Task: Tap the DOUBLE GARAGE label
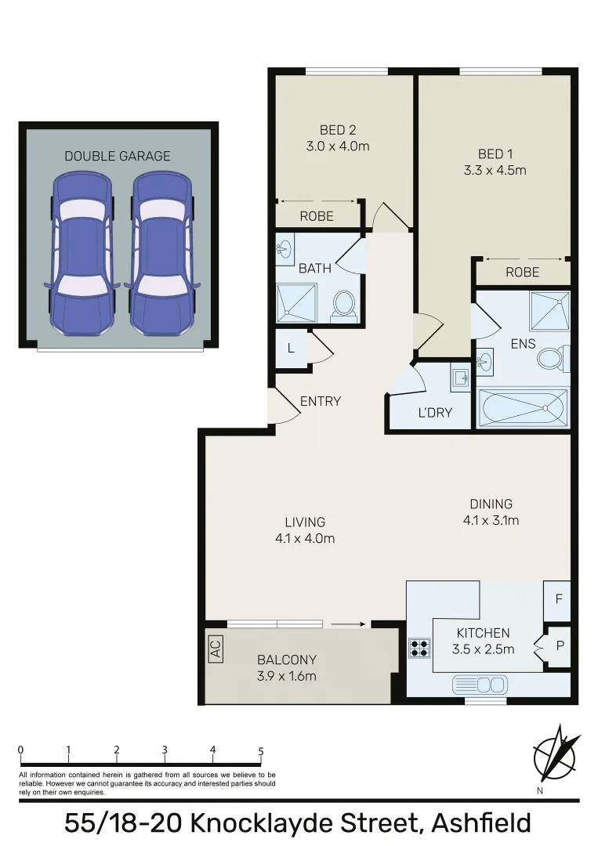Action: point(117,156)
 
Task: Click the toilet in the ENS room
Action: point(552,358)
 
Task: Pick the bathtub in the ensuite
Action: point(522,407)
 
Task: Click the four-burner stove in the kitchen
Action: point(419,648)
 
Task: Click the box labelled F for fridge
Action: point(558,599)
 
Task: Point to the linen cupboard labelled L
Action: point(291,349)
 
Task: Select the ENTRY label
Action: point(321,401)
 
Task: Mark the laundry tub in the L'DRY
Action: point(460,380)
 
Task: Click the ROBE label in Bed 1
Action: point(522,272)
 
